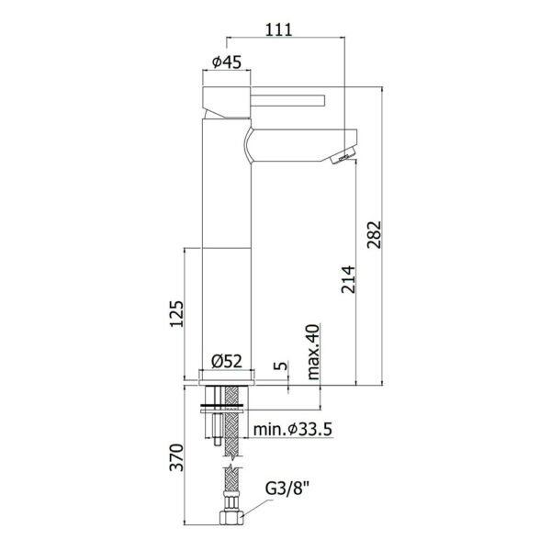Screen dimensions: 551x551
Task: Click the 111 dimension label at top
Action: tap(278, 29)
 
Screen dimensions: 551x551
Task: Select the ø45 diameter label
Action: tap(227, 62)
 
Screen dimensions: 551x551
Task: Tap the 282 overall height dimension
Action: tap(374, 234)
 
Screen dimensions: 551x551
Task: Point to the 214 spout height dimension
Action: tap(348, 279)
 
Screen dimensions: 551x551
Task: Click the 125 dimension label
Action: tap(176, 313)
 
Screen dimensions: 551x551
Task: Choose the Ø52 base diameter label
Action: tap(227, 361)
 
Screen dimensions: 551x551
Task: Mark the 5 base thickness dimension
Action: tap(280, 365)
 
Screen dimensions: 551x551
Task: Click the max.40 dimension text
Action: tap(313, 352)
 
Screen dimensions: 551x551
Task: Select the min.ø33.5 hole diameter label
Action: tap(293, 429)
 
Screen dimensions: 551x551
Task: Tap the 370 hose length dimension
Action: tap(176, 457)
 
